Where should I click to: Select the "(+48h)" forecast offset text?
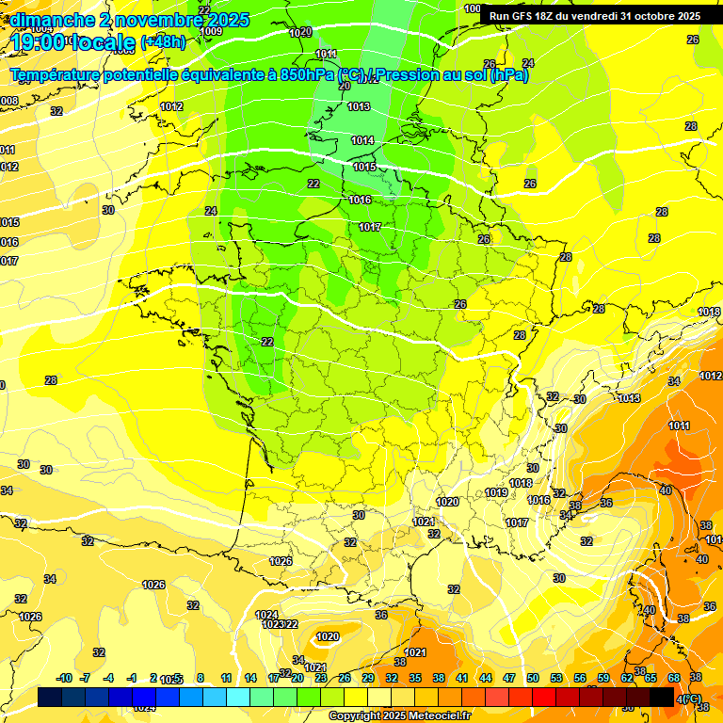163,42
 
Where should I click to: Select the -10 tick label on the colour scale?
64,678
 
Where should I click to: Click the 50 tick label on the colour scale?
533,678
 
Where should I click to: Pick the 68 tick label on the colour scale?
674,678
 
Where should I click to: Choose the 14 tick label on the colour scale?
250,678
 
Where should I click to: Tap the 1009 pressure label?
212,31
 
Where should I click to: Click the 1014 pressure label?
362,140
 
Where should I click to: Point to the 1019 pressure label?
497,492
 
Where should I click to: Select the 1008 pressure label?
8,101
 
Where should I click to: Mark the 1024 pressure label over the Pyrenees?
266,615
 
